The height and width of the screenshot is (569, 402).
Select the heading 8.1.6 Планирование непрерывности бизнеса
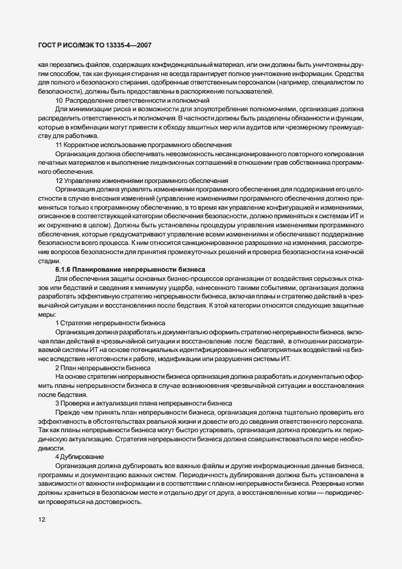pyautogui.click(x=131, y=269)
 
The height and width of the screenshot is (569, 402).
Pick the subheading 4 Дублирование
pyautogui.click(x=80, y=456)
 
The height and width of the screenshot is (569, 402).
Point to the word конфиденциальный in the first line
pyautogui.click(x=190, y=64)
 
